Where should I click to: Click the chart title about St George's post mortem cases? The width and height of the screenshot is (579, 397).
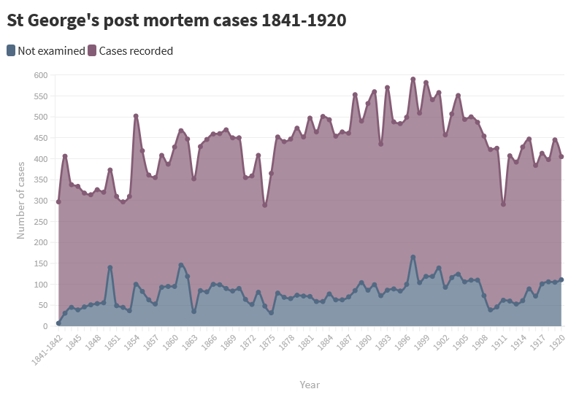tap(176, 20)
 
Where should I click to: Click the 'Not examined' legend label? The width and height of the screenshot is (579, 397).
tap(51, 51)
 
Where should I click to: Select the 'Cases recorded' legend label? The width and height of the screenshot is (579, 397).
tap(136, 51)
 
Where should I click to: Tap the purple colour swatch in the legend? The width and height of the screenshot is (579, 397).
tap(92, 51)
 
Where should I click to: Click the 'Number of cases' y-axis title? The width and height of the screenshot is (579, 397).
tap(21, 201)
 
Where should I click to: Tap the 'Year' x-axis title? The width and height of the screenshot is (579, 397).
tap(310, 385)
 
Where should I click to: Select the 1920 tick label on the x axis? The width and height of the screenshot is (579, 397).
tap(556, 342)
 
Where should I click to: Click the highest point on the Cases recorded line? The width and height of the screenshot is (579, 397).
tap(413, 79)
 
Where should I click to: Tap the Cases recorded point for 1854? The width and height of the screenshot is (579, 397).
tap(136, 116)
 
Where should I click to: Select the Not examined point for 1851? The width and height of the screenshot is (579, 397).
tap(110, 267)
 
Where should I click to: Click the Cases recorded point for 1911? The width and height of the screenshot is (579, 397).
tap(503, 204)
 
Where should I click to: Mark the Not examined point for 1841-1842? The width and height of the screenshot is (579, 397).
tap(58, 323)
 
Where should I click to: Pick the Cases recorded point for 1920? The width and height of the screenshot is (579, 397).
tap(561, 156)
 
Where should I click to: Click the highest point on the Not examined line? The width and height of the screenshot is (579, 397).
tap(413, 257)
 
